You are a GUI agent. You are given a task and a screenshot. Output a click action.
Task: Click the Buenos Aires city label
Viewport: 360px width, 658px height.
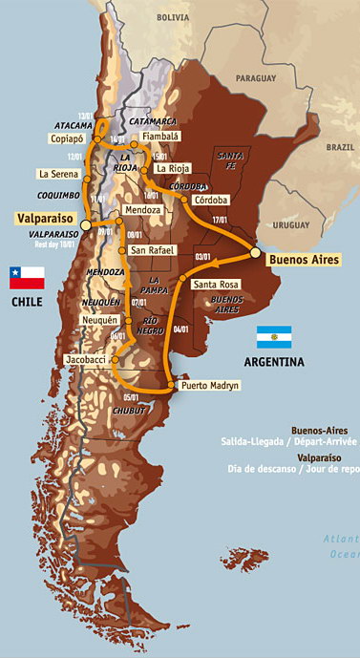306,258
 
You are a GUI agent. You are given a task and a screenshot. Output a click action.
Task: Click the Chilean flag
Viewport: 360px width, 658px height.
27,277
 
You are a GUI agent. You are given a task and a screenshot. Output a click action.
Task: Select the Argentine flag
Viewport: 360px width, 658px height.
273,336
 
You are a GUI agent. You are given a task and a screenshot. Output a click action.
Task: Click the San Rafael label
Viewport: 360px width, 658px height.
152,249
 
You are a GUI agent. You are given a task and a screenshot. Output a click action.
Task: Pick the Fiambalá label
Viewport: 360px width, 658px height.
160,137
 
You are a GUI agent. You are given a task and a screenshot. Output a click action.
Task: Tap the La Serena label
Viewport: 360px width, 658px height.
56,174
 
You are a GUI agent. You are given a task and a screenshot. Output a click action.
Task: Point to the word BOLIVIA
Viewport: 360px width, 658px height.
175,17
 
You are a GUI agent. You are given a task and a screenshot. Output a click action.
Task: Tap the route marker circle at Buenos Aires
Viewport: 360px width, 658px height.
255,252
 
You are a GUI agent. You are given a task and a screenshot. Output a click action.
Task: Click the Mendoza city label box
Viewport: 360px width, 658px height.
142,209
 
